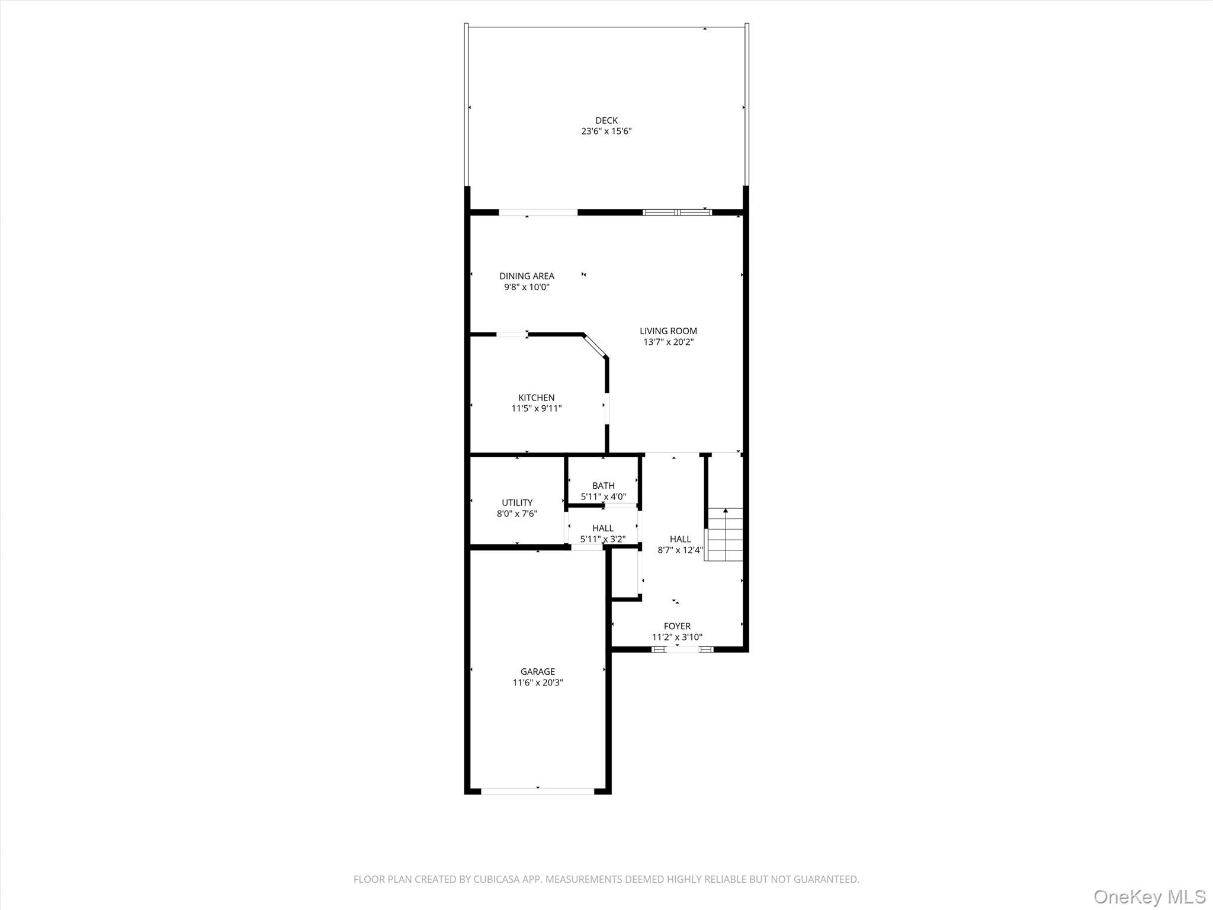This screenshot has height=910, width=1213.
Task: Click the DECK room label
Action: click(606, 120)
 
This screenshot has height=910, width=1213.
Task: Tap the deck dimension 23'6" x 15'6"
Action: click(606, 132)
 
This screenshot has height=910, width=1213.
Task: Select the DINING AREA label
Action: click(527, 276)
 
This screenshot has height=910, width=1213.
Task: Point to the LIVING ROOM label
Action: click(668, 331)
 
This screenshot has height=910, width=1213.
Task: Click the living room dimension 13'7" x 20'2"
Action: click(668, 342)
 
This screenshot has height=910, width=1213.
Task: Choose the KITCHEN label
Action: click(537, 398)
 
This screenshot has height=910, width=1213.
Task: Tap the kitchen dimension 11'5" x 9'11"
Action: click(537, 409)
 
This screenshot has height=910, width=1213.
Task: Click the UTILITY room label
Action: click(517, 502)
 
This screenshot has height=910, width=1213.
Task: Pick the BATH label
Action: click(604, 486)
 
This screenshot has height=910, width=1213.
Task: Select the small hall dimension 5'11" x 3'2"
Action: click(603, 539)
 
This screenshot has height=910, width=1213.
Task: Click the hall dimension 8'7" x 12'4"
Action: click(680, 550)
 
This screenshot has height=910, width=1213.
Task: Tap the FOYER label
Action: click(677, 626)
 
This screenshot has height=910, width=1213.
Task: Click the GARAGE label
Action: click(538, 671)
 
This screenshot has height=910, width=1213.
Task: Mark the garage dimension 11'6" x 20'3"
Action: click(538, 682)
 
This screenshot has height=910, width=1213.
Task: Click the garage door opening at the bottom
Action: click(538, 791)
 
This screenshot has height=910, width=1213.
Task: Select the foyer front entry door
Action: click(683, 649)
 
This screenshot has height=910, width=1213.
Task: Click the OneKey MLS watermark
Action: click(1150, 896)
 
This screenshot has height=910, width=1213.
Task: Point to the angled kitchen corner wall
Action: click(595, 346)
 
